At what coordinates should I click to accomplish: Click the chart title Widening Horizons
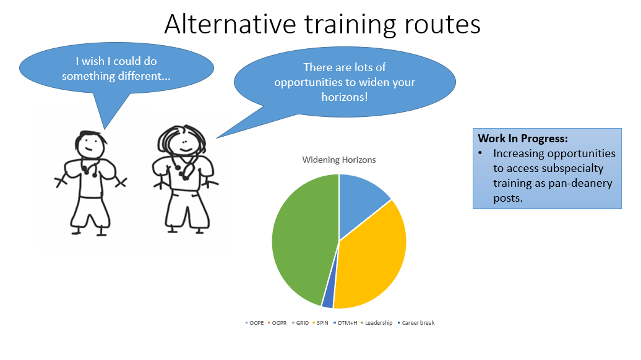point(339,160)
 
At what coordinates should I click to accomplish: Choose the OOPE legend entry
point(255,323)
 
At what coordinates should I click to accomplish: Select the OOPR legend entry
point(277,323)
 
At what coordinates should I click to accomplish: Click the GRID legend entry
point(301,323)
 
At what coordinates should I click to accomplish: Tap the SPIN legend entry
point(320,323)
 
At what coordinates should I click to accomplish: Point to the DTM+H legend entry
point(345,323)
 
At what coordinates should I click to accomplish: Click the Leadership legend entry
point(377,323)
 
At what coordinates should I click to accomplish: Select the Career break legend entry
point(416,323)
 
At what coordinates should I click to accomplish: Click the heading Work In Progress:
point(523,139)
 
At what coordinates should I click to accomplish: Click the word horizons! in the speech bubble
point(345,97)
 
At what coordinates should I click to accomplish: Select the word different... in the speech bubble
point(144,76)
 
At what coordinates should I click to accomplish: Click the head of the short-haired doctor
point(90,144)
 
